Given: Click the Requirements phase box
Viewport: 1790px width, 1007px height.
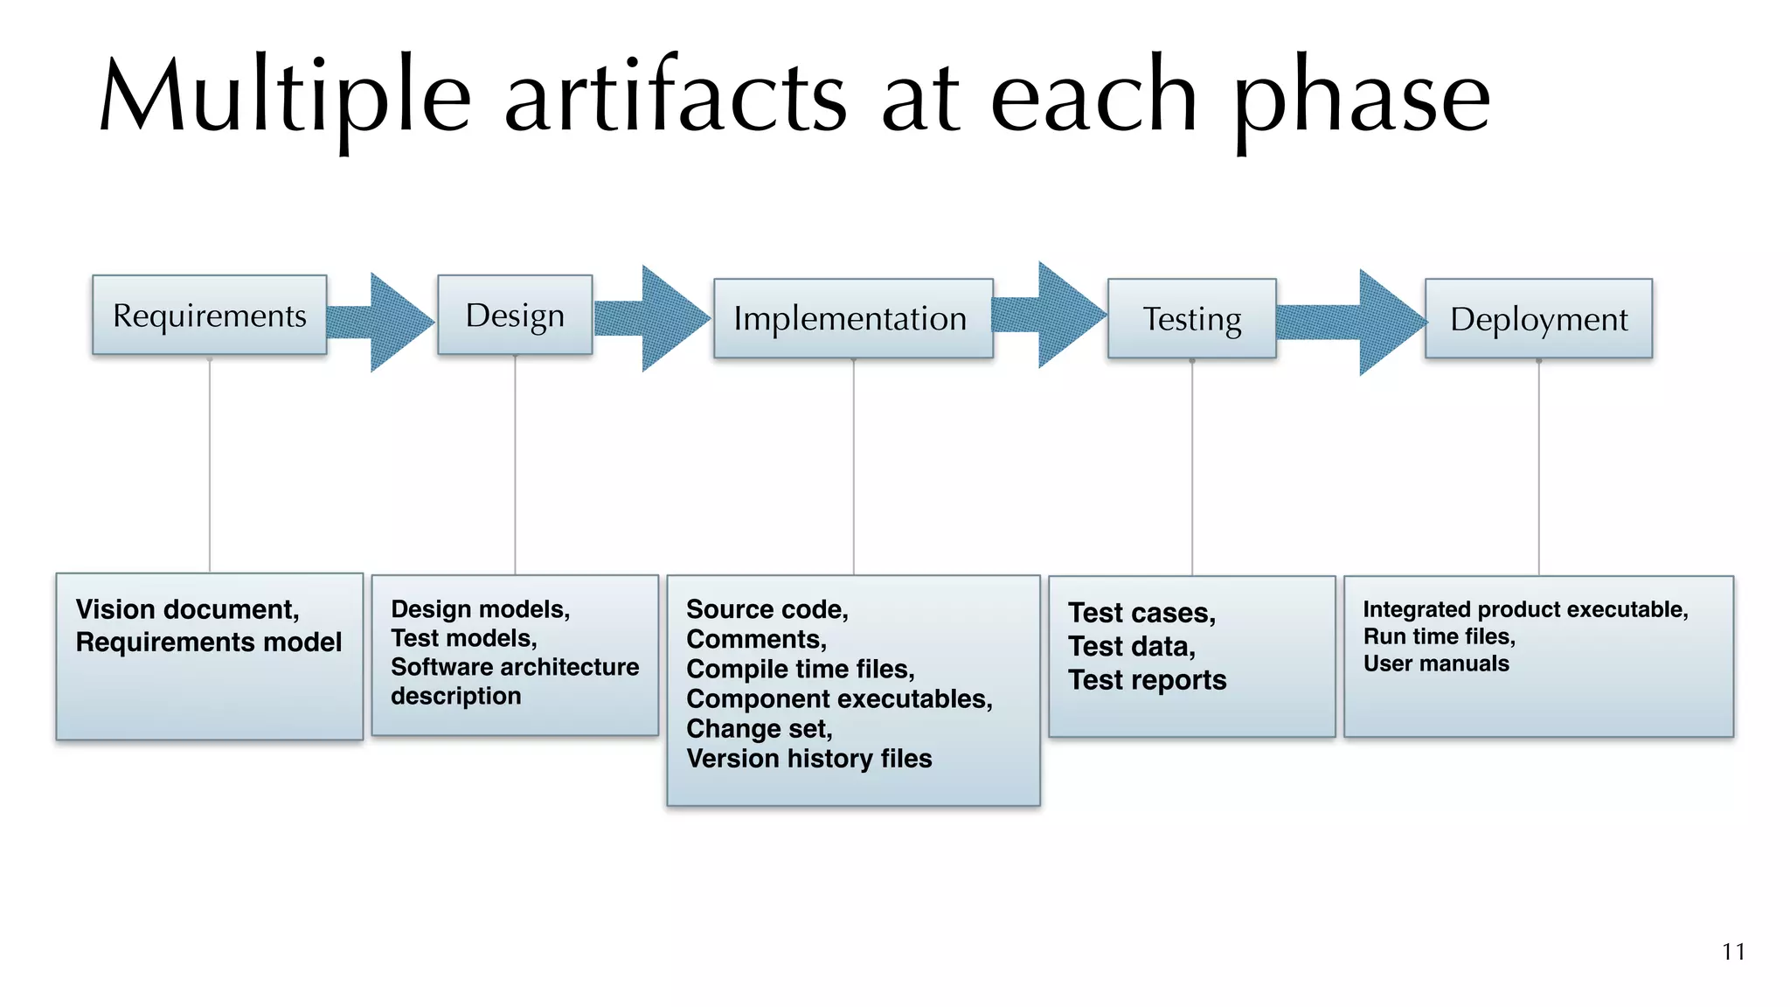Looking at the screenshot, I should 210,315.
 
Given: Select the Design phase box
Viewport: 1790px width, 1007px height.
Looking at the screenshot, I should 515,315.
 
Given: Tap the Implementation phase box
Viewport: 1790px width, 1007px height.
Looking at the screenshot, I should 853,318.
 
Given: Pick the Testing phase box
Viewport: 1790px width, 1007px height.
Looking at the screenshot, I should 1192,318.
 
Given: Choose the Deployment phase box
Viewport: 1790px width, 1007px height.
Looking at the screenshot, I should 1538,318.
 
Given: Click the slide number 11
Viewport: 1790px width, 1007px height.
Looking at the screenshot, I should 1733,952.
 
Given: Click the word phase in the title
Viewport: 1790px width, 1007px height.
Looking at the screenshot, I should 1362,96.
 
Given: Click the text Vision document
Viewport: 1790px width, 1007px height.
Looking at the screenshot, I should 187,609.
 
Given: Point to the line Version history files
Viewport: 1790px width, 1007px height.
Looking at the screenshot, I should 808,759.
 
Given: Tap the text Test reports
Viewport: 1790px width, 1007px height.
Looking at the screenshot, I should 1147,680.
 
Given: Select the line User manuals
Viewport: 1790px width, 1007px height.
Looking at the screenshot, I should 1436,663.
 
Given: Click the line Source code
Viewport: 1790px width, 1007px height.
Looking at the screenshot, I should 767,609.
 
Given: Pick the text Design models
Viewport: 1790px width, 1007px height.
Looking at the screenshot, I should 480,609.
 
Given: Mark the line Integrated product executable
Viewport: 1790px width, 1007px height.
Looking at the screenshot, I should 1525,609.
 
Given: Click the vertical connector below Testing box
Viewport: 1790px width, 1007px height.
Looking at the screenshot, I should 1192,468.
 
